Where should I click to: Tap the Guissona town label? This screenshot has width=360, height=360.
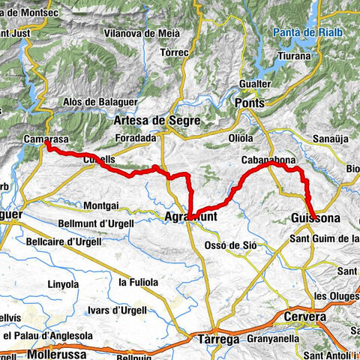[x=314, y=218]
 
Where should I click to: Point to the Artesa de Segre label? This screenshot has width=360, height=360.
[x=148, y=120]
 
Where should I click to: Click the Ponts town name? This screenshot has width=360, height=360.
[x=250, y=102]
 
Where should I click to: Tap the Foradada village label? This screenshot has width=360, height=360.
[x=136, y=138]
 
